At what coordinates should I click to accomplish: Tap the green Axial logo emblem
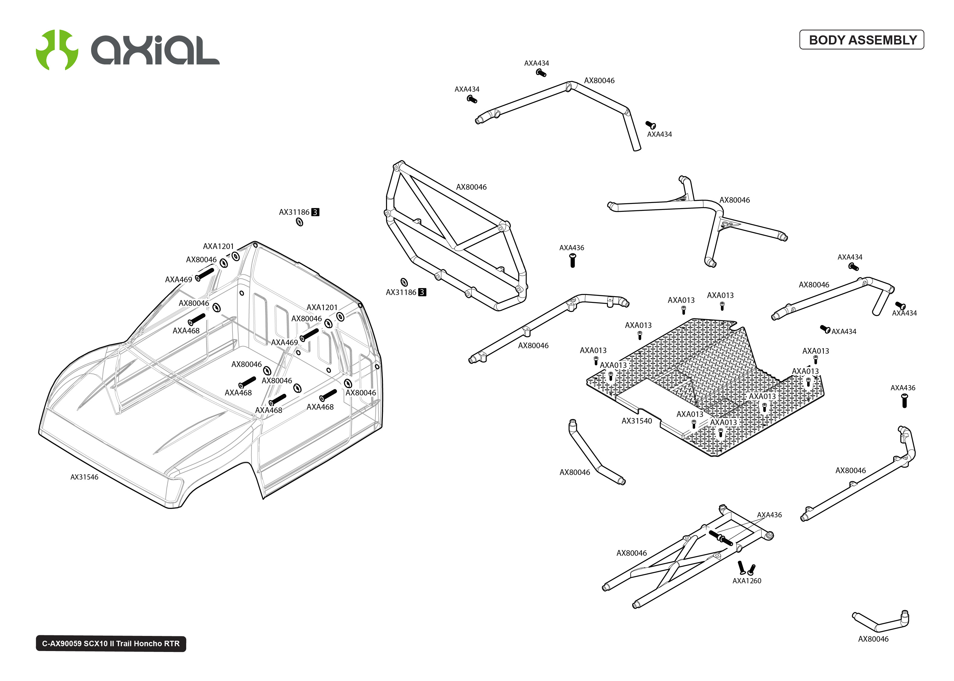[57, 50]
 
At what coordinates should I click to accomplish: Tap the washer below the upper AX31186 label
[299, 222]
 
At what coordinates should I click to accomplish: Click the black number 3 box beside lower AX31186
[422, 292]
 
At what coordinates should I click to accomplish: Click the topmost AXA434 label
[536, 63]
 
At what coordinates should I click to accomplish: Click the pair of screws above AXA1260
[746, 568]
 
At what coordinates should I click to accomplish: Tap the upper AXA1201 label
[218, 246]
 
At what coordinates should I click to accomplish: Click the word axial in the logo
[155, 50]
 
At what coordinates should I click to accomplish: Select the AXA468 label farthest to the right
[320, 407]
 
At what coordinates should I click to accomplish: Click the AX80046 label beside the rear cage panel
[471, 187]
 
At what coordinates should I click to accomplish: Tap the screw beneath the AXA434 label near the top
[541, 73]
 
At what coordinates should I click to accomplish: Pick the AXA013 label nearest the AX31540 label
[689, 414]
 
